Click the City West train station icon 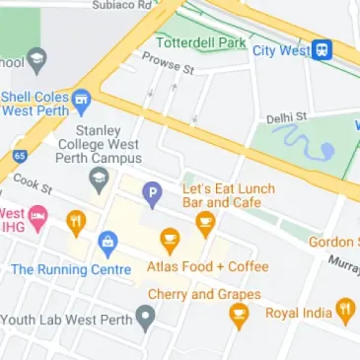[x=322, y=50]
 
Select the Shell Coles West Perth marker [x=81, y=98]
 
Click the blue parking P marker [x=152, y=193]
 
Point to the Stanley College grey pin [x=99, y=180]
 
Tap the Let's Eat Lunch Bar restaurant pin [x=205, y=224]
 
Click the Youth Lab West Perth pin [x=146, y=318]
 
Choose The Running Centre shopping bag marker [x=108, y=242]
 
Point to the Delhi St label [x=287, y=117]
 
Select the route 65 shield [x=19, y=156]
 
